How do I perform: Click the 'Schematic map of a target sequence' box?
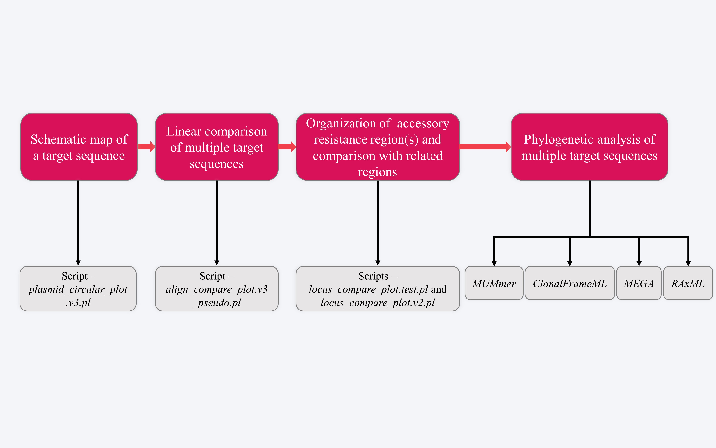pos(79,147)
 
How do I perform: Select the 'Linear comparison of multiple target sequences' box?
pos(217,147)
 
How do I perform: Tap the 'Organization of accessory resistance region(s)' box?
pos(378,147)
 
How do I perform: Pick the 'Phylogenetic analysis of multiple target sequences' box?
pos(589,147)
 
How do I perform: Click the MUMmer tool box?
pos(494,283)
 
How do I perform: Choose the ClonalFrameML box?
pos(570,283)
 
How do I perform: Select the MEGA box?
pos(639,283)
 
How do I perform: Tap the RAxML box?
pos(688,283)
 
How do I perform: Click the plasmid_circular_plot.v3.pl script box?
pos(78,289)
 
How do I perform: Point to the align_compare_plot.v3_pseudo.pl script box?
pos(217,289)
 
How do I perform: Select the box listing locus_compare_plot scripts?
pos(378,289)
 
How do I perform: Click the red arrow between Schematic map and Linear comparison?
pos(146,147)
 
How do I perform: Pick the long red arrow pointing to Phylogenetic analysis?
pos(485,147)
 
